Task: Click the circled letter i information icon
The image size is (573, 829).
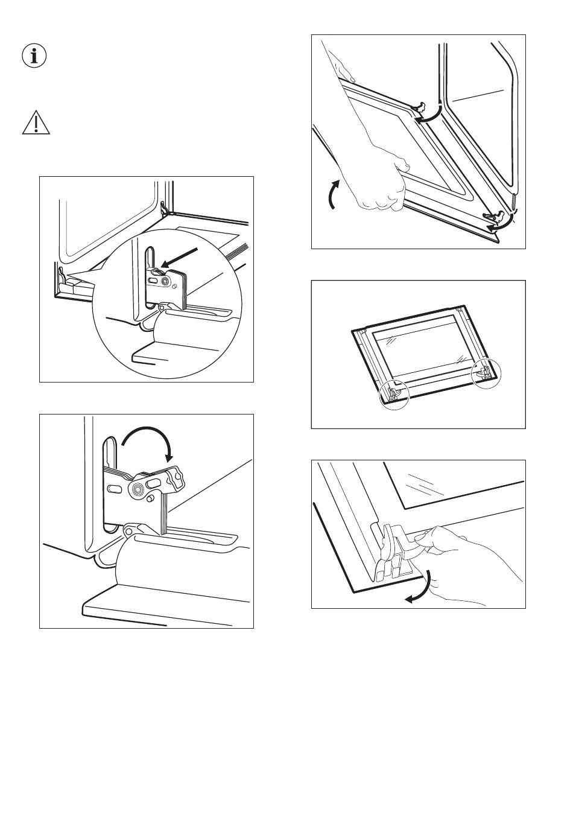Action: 34,56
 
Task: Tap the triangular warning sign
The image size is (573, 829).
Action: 36,122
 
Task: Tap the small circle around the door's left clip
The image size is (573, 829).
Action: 393,396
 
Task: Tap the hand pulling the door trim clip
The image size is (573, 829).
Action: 476,561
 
